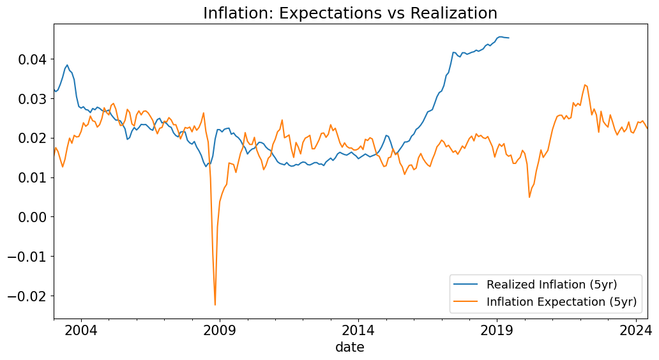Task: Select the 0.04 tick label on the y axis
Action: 30,59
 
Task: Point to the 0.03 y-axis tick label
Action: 30,99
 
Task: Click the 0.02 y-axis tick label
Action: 30,139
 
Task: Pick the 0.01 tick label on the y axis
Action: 30,177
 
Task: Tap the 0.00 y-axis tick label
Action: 30,217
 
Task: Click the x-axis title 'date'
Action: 350,347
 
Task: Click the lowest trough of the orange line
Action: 215,304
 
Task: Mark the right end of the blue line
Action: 508,38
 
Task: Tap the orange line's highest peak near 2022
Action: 585,85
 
